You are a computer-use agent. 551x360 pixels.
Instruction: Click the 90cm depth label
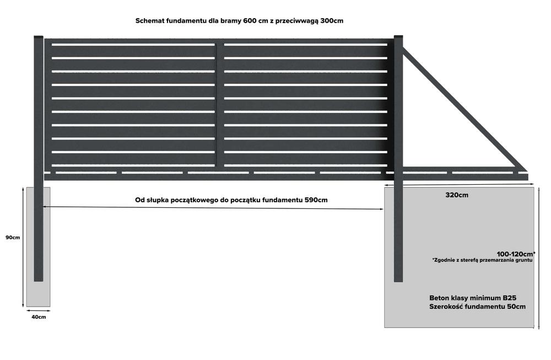click(x=13, y=238)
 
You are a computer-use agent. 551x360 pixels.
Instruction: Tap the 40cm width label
click(x=38, y=317)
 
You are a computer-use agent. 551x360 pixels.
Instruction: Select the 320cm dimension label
click(x=457, y=195)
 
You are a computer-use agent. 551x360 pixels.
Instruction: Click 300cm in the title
click(x=332, y=20)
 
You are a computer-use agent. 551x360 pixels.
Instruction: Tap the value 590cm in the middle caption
click(x=316, y=200)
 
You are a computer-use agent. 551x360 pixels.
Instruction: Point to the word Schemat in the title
click(x=150, y=20)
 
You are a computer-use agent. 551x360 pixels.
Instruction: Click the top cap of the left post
click(x=39, y=38)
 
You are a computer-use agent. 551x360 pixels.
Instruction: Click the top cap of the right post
click(x=398, y=38)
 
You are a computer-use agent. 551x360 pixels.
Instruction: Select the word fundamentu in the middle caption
click(x=282, y=200)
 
